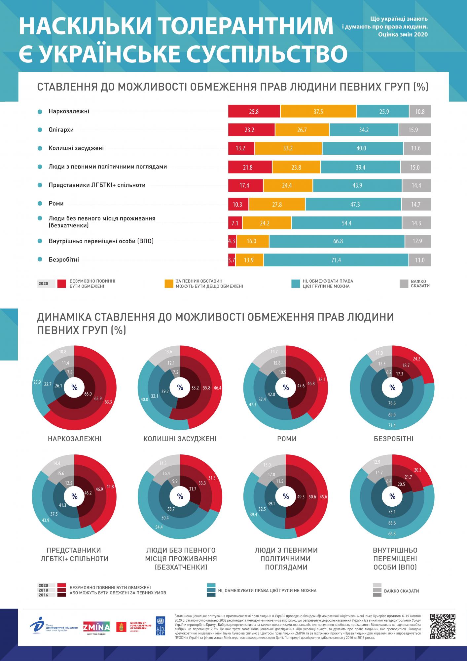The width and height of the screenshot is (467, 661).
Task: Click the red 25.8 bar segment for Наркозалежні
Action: click(x=254, y=111)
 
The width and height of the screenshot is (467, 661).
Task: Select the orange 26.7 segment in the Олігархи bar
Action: click(x=302, y=130)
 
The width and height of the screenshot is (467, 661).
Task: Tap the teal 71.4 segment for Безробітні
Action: click(x=336, y=260)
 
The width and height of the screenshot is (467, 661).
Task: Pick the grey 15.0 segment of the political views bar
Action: click(x=415, y=167)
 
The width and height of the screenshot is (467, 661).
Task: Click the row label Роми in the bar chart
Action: click(x=56, y=204)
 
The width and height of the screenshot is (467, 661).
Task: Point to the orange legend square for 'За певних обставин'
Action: click(x=169, y=284)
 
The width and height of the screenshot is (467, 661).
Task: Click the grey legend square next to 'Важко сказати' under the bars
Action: click(x=404, y=284)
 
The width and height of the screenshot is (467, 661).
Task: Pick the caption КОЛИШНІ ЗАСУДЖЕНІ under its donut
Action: click(x=180, y=439)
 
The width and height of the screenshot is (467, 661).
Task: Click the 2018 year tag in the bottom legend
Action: click(x=43, y=590)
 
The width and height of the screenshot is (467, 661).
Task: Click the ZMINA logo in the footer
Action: click(x=96, y=626)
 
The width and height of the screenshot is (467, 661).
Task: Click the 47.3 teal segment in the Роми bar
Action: click(x=355, y=205)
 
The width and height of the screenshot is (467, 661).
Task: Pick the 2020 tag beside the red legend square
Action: click(x=43, y=284)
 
